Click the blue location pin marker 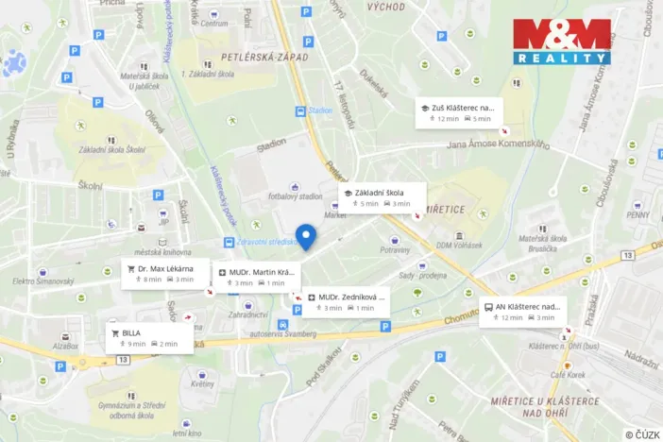coord(305,236)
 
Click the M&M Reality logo coord(561,42)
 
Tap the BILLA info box coord(150,338)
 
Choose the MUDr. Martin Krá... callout coord(253,277)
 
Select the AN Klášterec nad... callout coord(522,311)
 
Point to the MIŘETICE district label coord(448,209)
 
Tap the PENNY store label coord(637,214)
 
